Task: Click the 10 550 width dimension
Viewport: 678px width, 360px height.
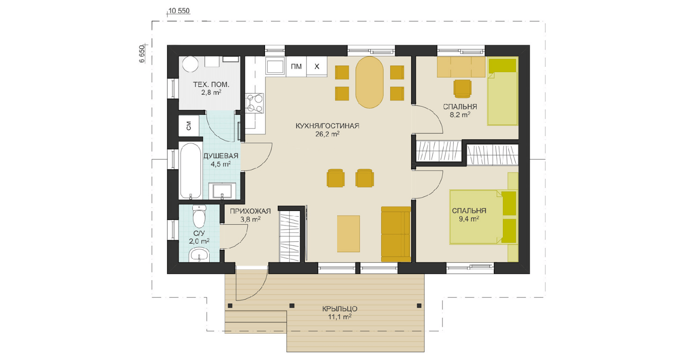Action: [x=179, y=11]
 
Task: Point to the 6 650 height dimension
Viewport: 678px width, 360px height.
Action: [x=142, y=54]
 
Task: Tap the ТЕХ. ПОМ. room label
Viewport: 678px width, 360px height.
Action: [x=211, y=84]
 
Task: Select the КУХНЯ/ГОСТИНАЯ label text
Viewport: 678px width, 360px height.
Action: [x=327, y=126]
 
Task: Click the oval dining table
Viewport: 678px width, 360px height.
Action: [x=369, y=82]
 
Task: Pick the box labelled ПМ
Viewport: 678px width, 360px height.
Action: [x=296, y=67]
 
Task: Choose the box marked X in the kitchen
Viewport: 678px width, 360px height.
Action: [x=317, y=67]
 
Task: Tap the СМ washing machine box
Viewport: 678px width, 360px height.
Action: [x=189, y=126]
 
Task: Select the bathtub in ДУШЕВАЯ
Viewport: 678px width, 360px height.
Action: [x=191, y=171]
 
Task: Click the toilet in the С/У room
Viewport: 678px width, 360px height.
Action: [x=199, y=217]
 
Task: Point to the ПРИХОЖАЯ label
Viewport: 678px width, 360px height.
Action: [x=250, y=212]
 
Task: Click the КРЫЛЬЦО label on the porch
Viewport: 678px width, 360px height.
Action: [x=339, y=309]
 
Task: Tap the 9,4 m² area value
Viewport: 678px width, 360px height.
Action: [x=469, y=219]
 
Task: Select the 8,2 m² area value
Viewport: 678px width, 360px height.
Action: [x=460, y=114]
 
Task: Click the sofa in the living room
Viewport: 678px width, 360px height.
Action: [x=396, y=234]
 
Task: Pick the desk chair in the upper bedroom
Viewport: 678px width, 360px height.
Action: [x=462, y=89]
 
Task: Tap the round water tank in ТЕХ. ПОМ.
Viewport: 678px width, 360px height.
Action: [x=191, y=64]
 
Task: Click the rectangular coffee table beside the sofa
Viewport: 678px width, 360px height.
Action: [x=349, y=234]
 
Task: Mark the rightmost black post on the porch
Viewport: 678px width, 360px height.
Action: [x=419, y=306]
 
